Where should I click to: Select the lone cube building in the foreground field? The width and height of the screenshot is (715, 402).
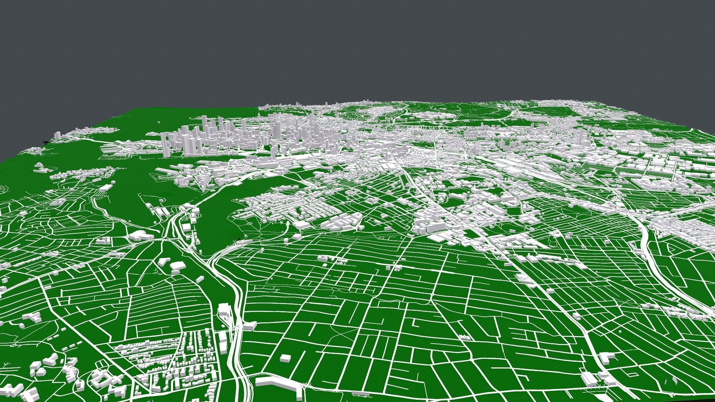coord(285,358)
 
